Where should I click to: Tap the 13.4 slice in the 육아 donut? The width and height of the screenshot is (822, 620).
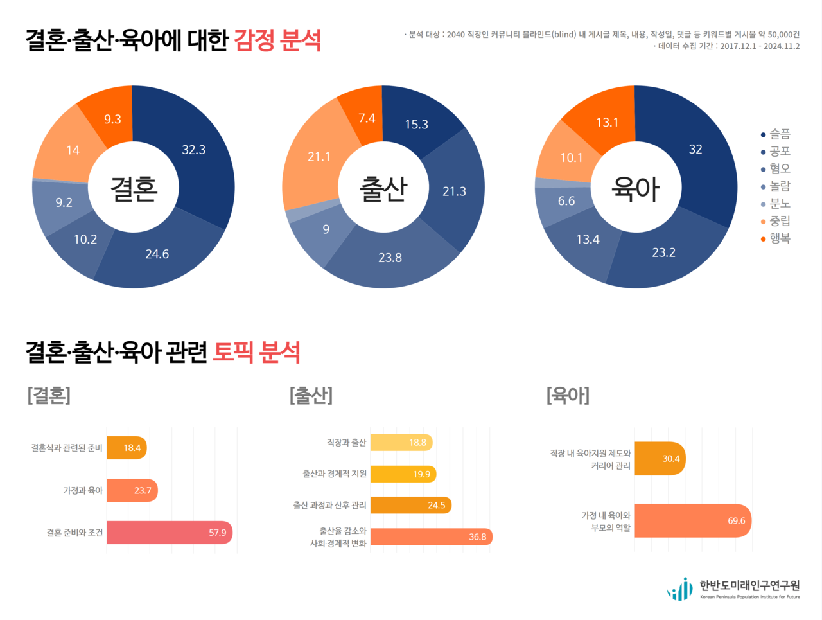[x=587, y=240]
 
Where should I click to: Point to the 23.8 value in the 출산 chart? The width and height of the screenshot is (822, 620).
[x=390, y=258]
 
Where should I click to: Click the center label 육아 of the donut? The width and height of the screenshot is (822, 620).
[x=635, y=188]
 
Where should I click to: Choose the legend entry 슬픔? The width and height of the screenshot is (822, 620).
[x=779, y=134]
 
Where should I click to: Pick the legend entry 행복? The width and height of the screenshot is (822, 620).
[x=779, y=238]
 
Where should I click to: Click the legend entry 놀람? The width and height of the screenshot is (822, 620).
[x=779, y=186]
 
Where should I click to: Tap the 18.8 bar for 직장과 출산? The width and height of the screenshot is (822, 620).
[x=401, y=443]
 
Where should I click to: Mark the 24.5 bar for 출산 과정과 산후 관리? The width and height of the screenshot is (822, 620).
[x=410, y=505]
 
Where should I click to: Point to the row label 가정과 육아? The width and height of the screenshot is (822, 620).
[x=83, y=490]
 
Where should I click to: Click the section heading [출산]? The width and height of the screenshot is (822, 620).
[x=311, y=394]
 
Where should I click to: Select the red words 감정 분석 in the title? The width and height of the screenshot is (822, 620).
[x=277, y=40]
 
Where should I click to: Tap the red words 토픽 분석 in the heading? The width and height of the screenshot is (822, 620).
[x=256, y=352]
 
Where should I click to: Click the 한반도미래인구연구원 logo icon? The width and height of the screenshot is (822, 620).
[x=680, y=589]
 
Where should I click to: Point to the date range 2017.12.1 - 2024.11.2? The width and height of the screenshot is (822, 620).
[x=759, y=46]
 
